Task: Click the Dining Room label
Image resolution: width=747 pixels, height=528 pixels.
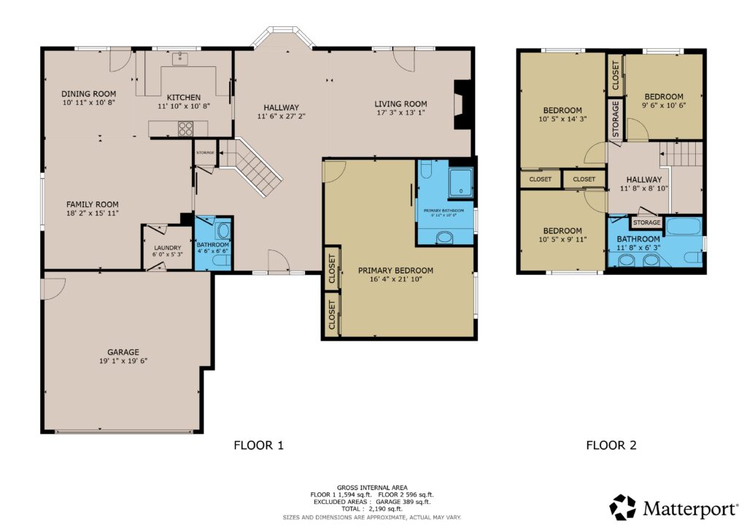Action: point(88,93)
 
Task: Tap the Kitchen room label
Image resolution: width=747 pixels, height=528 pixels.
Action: point(183,98)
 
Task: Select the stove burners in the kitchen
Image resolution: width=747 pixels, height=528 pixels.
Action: point(185,129)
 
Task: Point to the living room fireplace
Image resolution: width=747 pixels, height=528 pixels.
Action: point(462,104)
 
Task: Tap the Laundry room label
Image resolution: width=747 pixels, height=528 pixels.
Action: point(162,248)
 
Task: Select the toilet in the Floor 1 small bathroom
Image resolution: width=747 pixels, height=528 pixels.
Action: point(222,232)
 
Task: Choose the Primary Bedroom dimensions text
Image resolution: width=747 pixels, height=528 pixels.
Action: point(400,279)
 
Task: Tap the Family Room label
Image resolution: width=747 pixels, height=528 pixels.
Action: point(92,204)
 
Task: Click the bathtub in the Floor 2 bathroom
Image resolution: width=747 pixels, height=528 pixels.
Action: point(683,225)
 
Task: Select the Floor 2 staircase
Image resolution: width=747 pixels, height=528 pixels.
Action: point(681,155)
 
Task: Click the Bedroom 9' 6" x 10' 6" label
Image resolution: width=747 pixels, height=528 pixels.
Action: point(663,96)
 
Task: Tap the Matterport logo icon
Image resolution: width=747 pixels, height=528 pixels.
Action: point(623,507)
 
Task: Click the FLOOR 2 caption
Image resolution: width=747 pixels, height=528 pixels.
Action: point(611,445)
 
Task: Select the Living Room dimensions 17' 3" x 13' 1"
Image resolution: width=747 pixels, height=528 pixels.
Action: point(400,113)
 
